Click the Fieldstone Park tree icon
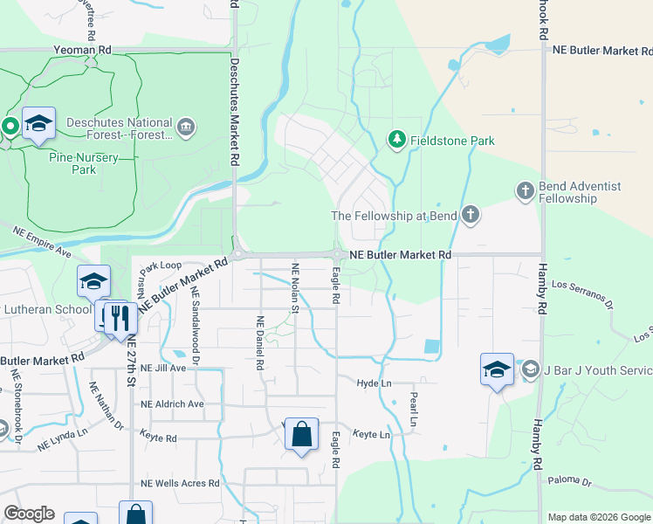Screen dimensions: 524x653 [396, 140]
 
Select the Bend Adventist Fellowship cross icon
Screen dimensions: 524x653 [525, 190]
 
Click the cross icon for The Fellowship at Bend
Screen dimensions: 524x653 [471, 215]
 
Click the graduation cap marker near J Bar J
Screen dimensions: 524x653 [497, 369]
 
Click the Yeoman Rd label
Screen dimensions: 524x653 [83, 52]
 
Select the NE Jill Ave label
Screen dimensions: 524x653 [164, 369]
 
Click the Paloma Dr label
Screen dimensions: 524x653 [569, 481]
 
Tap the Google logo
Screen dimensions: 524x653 [29, 514]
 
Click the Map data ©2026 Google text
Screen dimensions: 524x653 [598, 517]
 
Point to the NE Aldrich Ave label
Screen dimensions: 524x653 [172, 404]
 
